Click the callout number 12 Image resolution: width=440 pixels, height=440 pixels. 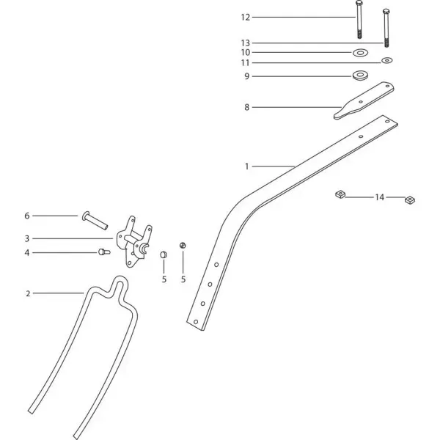tap(245, 18)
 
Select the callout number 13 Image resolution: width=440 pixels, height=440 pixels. tap(245, 43)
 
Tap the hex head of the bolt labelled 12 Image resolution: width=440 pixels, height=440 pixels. tap(359, 3)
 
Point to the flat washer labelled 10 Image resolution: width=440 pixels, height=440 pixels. tap(361, 53)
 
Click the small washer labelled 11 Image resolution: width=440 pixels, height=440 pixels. tap(387, 60)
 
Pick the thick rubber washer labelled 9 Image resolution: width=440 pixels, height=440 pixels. tap(360, 76)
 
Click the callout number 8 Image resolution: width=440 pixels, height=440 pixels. tap(246, 107)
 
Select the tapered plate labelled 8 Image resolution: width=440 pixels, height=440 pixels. tap(364, 100)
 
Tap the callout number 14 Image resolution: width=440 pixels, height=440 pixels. tap(379, 197)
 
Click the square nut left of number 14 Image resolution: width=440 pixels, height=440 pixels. tap(340, 194)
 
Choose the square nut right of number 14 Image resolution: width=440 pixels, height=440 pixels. tap(410, 199)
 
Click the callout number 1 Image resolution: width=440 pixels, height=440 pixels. tap(246, 166)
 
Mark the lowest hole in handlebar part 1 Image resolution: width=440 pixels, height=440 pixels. tap(196, 322)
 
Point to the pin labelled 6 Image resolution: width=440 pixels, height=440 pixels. tap(95, 221)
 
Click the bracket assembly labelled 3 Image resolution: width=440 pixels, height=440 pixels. tap(134, 241)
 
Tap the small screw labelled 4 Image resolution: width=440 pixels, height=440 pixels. tap(104, 252)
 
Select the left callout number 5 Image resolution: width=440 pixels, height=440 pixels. tap(164, 279)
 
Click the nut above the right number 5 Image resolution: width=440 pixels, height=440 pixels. tap(183, 245)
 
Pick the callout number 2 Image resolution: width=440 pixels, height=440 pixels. tap(28, 293)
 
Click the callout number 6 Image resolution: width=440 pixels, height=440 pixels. tap(27, 216)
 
